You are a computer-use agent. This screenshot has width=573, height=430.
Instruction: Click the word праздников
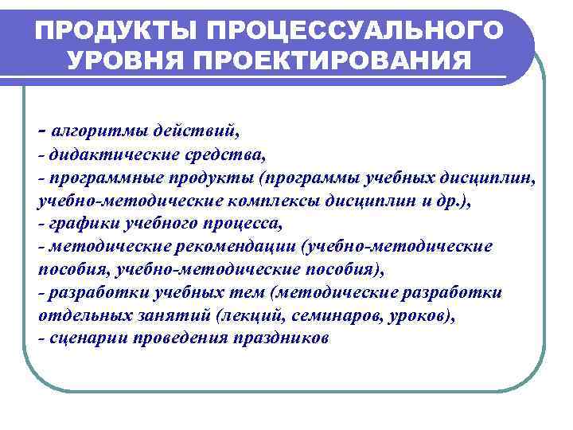(281, 338)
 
